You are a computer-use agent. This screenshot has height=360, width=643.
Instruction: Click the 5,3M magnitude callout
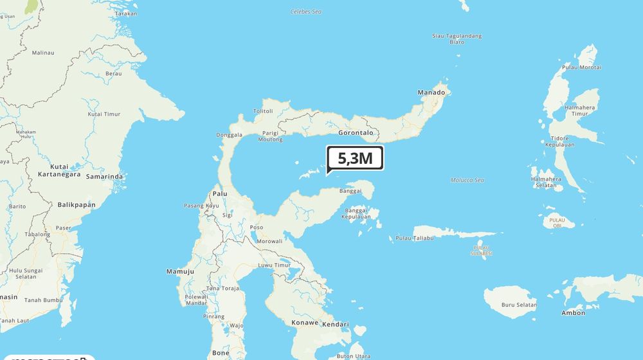coord(355,158)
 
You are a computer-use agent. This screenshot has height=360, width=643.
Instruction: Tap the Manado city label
coord(431,93)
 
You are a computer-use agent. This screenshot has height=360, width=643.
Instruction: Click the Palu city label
coord(220,193)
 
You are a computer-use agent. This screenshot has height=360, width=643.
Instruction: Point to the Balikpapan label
coord(77,205)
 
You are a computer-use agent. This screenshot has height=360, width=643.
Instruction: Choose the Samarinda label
coord(104,176)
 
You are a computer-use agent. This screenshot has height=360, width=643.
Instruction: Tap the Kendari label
coord(336,324)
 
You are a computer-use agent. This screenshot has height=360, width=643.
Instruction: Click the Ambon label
coord(574,313)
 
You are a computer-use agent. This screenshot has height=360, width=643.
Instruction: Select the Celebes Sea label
coord(305,12)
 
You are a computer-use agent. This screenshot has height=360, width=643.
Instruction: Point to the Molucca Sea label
coord(467,181)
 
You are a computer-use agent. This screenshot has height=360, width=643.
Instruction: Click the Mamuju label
coord(180,272)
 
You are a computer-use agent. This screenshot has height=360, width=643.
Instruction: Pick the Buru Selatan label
coord(518,305)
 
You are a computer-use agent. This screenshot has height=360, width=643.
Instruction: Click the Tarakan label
coord(126,13)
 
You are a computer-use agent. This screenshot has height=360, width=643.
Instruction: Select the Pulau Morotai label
coord(581,67)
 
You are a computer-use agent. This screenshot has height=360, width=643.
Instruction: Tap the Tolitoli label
coord(263,111)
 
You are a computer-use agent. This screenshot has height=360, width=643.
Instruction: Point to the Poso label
coord(257,228)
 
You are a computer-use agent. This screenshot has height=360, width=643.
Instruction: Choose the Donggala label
coord(230,135)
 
